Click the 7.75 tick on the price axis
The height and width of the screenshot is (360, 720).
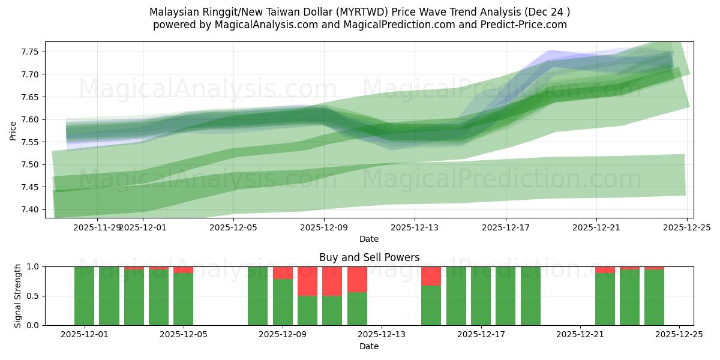(29, 52)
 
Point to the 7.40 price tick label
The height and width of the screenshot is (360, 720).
(29, 209)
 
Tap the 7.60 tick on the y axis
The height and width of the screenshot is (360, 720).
(29, 119)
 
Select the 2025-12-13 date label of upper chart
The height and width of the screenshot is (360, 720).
(415, 227)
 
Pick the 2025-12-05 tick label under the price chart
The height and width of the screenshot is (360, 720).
(233, 227)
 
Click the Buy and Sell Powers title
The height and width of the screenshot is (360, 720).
(368, 257)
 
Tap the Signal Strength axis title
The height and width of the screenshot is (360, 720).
(18, 296)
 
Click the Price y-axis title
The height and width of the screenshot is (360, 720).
(13, 131)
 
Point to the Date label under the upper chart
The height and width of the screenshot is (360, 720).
(368, 239)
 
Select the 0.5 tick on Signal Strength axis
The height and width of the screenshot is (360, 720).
(34, 296)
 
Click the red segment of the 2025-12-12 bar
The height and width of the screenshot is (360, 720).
(357, 279)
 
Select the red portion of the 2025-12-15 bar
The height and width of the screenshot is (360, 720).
(431, 275)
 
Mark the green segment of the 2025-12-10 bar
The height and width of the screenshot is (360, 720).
(332, 310)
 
